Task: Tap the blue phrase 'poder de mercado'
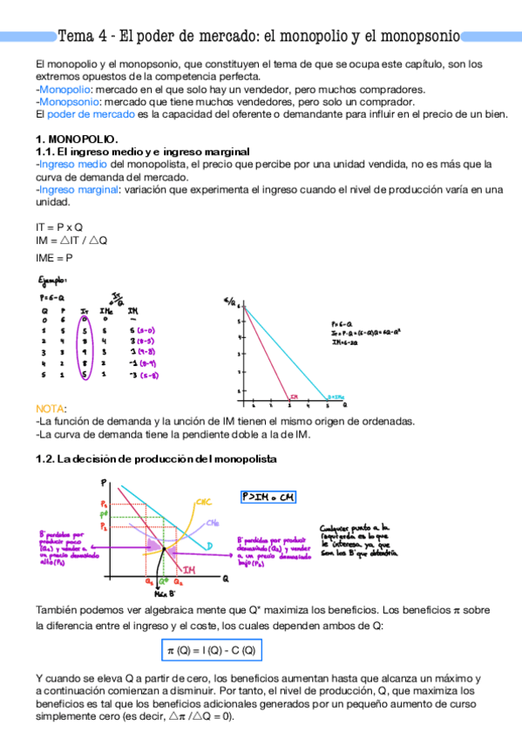point(90,114)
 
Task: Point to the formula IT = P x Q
point(59,227)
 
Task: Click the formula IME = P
point(54,258)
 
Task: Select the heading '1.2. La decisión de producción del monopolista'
point(157,459)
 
